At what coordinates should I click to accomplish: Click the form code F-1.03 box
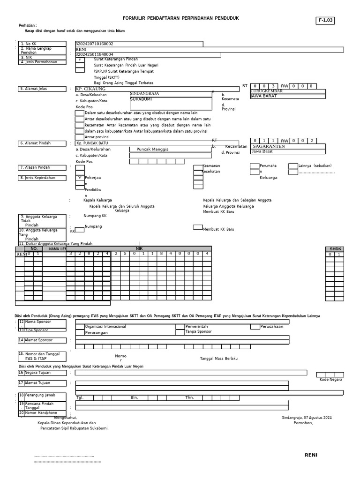(325, 21)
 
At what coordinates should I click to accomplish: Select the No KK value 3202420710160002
(94, 44)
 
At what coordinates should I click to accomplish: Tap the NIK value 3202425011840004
(94, 54)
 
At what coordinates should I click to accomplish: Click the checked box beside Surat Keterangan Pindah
(80, 60)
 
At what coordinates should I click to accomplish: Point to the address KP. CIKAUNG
(90, 89)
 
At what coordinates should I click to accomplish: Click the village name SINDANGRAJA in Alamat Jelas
(144, 94)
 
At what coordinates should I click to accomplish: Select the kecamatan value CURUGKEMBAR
(267, 91)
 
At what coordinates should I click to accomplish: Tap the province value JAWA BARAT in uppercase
(263, 96)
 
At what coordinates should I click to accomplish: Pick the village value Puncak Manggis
(152, 149)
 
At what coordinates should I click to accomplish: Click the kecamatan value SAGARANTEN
(269, 146)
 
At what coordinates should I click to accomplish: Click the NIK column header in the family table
(139, 248)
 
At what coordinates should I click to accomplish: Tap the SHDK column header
(336, 249)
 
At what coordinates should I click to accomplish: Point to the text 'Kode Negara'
(331, 379)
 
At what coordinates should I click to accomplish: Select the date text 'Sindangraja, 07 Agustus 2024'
(307, 417)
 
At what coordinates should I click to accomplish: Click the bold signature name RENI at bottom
(311, 455)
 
